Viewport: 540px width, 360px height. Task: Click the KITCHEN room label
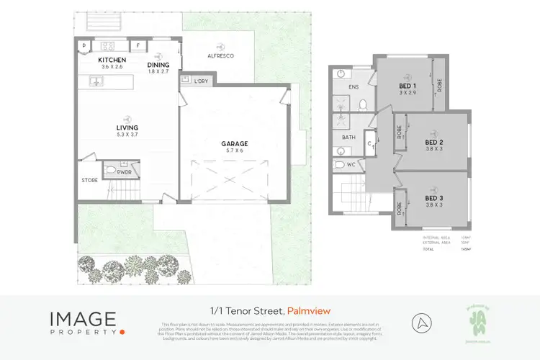point(113,60)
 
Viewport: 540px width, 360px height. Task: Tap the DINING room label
point(158,64)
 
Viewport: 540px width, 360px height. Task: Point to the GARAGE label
point(235,143)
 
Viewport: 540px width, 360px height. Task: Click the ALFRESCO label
point(220,55)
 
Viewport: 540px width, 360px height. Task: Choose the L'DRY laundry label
point(201,81)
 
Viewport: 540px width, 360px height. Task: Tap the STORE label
point(89,181)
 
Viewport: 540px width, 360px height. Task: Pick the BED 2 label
point(433,143)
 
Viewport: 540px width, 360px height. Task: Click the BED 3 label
point(433,198)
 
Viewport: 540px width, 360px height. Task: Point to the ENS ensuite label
point(354,87)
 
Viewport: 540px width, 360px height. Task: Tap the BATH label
point(348,137)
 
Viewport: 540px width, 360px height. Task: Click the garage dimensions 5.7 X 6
point(235,151)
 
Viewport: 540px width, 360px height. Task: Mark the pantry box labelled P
point(84,45)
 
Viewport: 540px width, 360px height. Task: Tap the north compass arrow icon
point(422,321)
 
